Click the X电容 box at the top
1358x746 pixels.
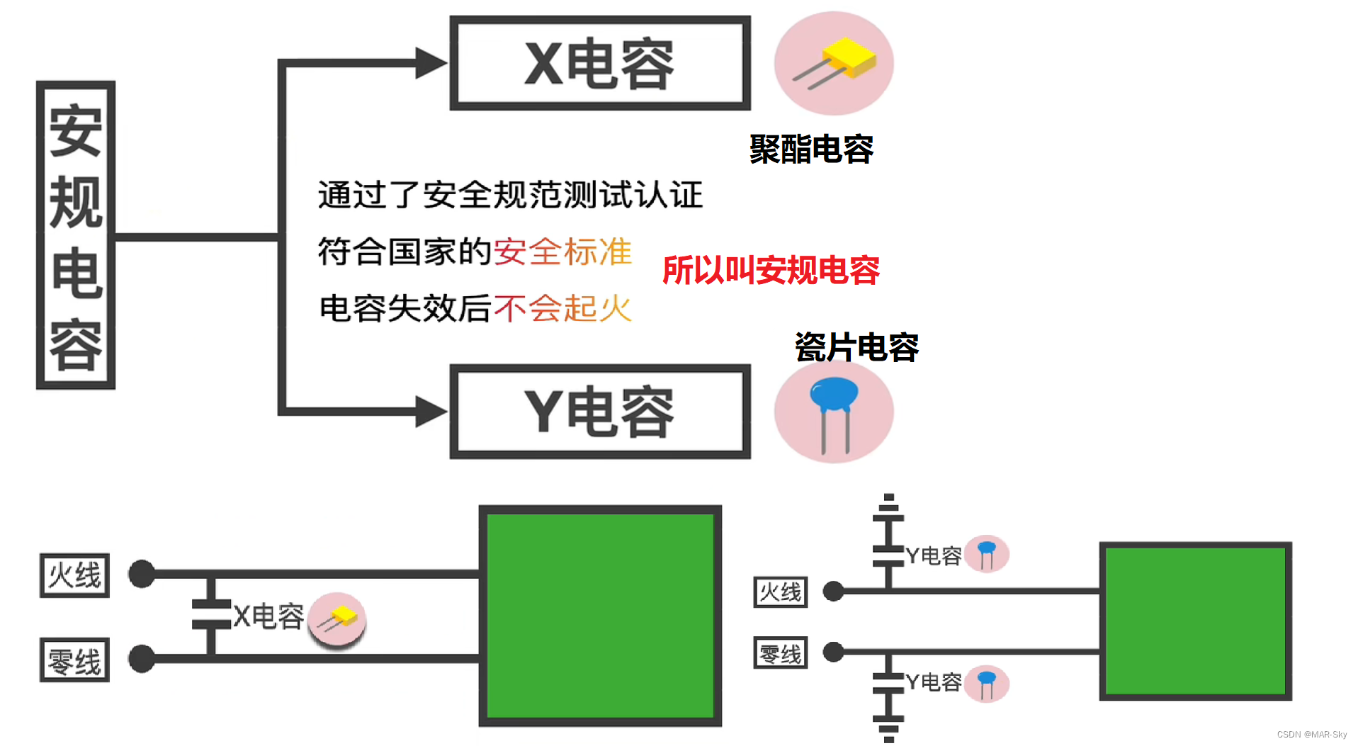pos(600,63)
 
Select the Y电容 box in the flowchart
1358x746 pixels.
pos(600,412)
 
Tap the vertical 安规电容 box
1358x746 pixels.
pos(76,235)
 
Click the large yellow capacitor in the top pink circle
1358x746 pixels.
pos(848,57)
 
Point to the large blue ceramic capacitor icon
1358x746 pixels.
pos(834,397)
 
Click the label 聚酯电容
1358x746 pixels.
pos(811,149)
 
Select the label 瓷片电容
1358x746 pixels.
pos(856,347)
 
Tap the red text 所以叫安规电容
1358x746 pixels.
pos(771,270)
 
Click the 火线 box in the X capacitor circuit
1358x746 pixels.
pos(74,575)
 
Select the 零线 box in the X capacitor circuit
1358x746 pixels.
pos(74,660)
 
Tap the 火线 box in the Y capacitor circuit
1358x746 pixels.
pos(781,592)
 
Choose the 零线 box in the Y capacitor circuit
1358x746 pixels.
pos(781,652)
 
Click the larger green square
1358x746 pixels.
pos(600,616)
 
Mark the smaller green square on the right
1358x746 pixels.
pos(1195,621)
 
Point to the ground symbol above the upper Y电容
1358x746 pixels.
pos(888,504)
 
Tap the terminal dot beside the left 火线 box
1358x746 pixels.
pos(142,574)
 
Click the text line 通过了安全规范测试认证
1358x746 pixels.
pos(510,195)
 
